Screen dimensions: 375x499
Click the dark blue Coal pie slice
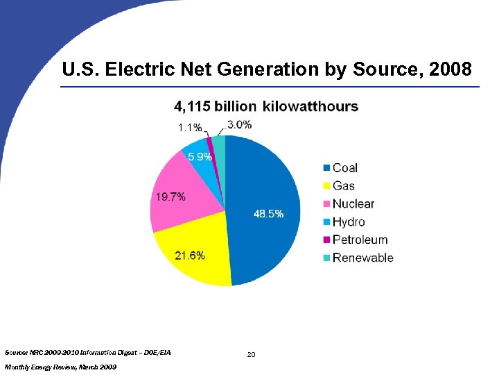(267, 187)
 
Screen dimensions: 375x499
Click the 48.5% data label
(268, 215)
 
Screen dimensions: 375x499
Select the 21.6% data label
(189, 256)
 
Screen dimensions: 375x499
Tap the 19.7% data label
(170, 197)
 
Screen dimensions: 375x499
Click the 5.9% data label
(200, 157)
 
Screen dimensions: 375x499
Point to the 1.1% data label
(190, 128)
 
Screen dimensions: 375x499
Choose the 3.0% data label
(239, 125)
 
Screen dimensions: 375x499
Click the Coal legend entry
(344, 167)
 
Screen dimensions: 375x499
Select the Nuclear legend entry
(353, 203)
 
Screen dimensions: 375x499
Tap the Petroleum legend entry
(360, 240)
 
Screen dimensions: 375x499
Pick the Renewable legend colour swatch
(325, 258)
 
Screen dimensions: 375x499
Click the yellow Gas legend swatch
(325, 186)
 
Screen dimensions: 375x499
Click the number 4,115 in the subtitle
(191, 107)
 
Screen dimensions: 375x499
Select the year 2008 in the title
(448, 69)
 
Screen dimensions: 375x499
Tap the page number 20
(251, 355)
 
